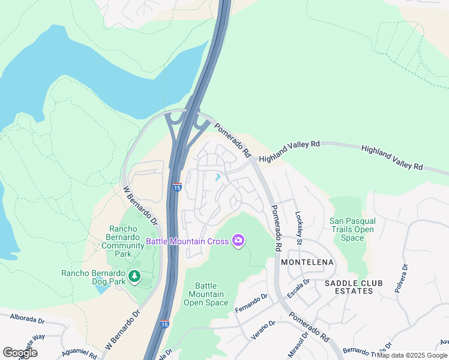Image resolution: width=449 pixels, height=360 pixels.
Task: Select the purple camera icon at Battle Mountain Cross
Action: point(239,241)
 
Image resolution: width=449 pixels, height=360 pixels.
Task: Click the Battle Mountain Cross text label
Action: point(187,242)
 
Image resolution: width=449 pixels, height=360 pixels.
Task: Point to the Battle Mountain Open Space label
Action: point(205,294)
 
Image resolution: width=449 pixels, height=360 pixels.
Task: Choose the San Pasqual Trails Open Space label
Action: point(352,229)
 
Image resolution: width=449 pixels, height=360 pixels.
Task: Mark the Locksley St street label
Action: point(298,227)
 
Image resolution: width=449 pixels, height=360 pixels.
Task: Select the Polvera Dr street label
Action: point(402,278)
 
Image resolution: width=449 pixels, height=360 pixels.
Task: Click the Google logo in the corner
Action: point(20,353)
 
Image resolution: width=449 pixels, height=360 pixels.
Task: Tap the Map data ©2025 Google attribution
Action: point(412,355)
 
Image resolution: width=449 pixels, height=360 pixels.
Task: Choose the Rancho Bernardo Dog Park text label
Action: point(94,273)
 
